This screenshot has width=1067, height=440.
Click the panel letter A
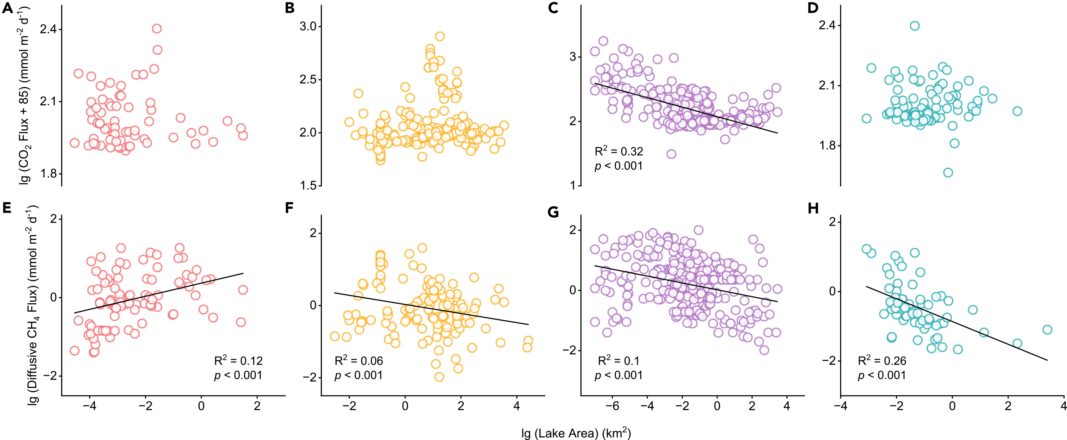pos(8,8)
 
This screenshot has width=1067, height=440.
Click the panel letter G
pos(553,212)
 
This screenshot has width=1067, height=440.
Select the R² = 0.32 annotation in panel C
pos(619,152)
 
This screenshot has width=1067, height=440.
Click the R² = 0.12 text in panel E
pos(238,361)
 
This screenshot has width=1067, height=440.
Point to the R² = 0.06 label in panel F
pos(359,361)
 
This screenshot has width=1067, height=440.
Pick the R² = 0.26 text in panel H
pos(882,361)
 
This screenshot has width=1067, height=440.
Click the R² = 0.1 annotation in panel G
pos(619,361)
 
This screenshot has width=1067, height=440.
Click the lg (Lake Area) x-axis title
pos(576,433)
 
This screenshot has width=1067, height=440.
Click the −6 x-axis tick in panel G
pos(612,406)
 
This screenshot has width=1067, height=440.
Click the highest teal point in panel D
pos(914,26)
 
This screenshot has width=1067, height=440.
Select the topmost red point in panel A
pos(157,28)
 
